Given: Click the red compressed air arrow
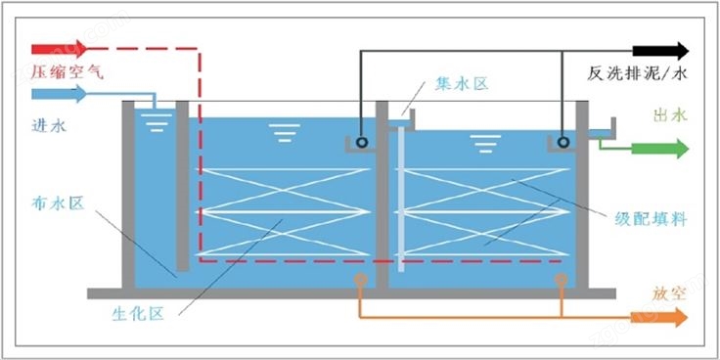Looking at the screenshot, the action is [59, 48].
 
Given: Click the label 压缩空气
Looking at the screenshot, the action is [67, 72].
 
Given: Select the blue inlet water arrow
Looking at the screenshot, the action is [59, 94].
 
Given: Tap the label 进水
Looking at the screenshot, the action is [49, 125].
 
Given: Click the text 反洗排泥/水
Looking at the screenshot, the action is [637, 73].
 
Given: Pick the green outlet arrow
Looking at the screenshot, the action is [660, 149].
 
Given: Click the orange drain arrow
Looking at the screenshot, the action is [659, 317].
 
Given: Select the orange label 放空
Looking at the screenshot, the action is [669, 292].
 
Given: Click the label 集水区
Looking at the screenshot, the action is [461, 84].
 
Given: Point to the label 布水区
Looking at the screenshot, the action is [59, 202].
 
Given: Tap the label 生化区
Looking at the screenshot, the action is [138, 314].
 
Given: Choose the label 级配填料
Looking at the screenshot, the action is [651, 219].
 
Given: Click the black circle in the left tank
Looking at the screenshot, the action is [362, 143].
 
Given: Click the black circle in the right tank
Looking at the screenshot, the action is [562, 143].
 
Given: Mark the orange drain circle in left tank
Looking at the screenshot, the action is [361, 279].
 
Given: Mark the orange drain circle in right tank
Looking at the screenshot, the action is [561, 279].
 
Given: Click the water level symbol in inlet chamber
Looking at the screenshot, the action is [157, 122].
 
